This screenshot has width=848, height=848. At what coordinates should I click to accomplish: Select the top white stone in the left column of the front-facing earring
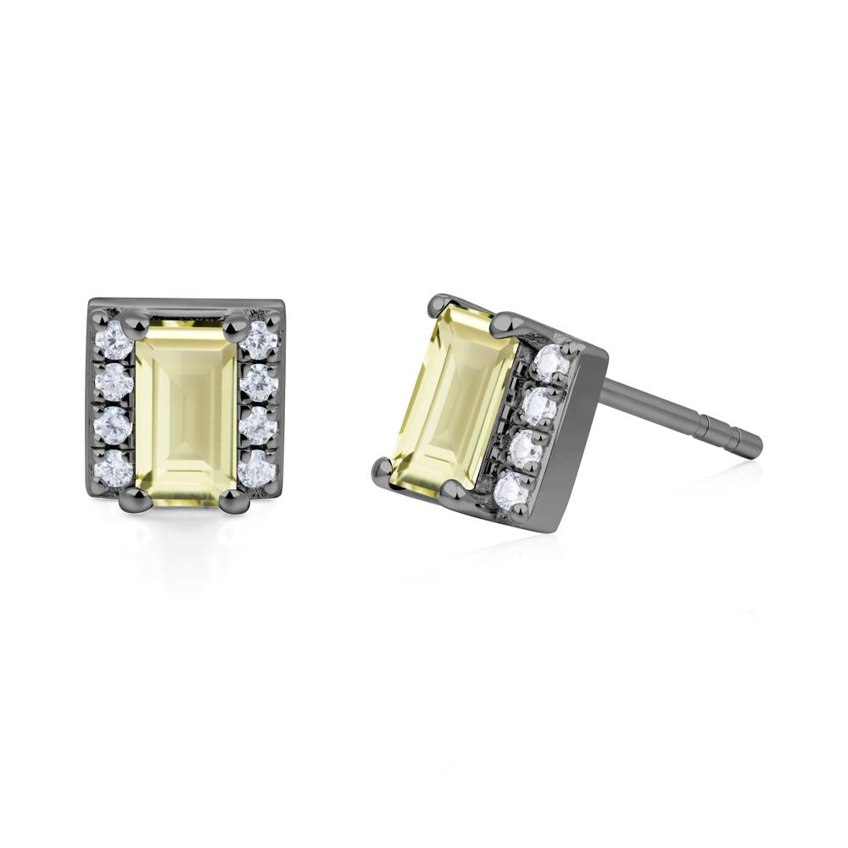[111, 340]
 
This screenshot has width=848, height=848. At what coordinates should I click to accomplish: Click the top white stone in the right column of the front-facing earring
[259, 340]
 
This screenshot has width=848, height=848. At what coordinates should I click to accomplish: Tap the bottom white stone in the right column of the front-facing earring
[257, 466]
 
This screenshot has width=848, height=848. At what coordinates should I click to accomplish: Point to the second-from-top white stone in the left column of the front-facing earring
[114, 383]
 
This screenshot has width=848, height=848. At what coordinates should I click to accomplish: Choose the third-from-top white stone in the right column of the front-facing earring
[259, 426]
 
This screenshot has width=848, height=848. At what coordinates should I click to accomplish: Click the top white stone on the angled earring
[550, 363]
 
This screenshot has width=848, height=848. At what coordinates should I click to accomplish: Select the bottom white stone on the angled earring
[513, 490]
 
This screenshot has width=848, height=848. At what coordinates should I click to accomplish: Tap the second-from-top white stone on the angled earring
[538, 407]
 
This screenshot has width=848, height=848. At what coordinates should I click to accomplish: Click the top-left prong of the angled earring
[441, 304]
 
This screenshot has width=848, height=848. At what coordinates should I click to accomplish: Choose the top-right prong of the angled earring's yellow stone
[507, 321]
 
